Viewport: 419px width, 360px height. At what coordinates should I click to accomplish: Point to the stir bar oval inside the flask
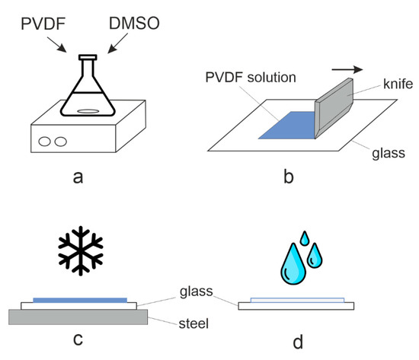pyautogui.click(x=88, y=110)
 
